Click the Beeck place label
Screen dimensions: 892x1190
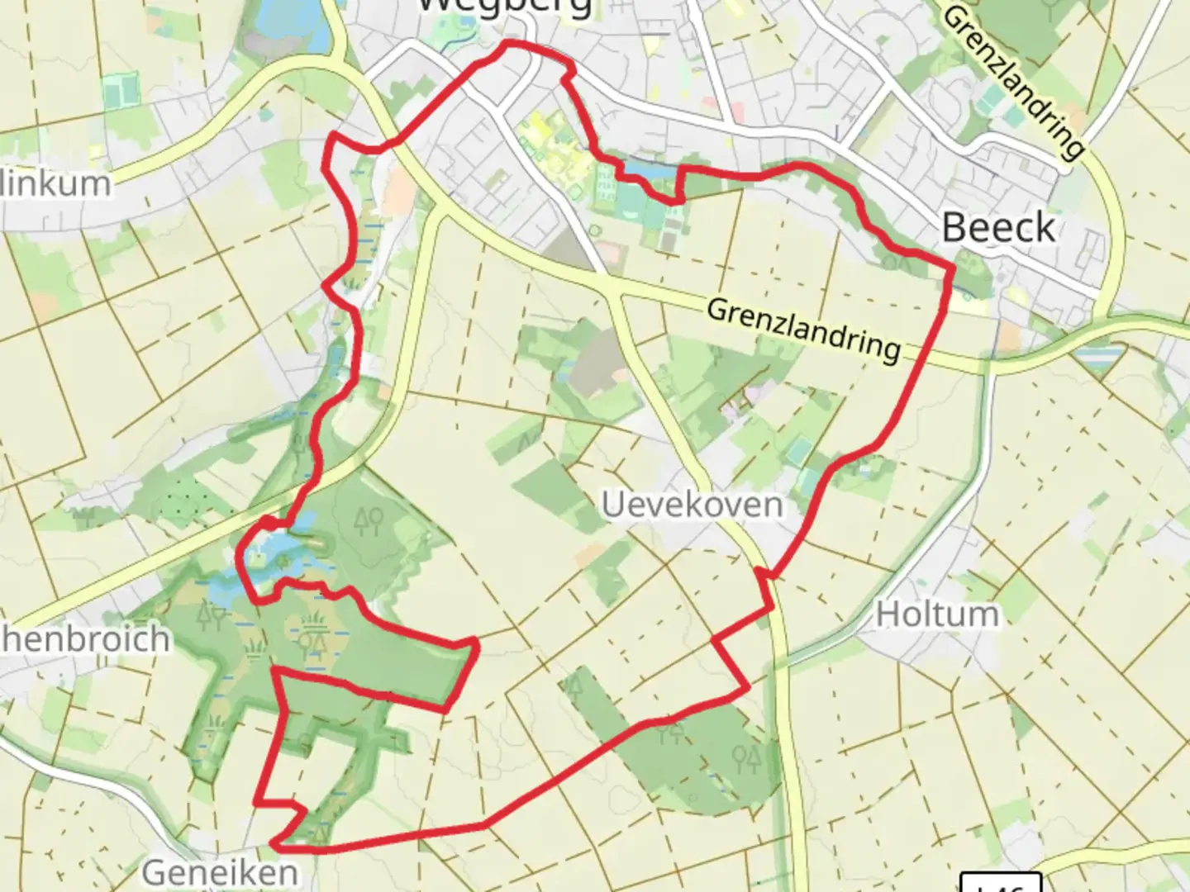[998, 228]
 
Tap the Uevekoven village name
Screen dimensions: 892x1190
[692, 504]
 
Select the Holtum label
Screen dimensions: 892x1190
[937, 614]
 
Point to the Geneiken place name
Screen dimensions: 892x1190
[220, 871]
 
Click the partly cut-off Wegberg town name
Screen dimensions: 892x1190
[504, 7]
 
